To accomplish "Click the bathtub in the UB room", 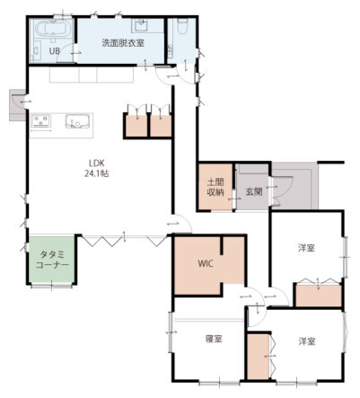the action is point(53,29).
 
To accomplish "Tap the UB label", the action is point(55,51).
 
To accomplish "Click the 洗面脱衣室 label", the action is point(123,43).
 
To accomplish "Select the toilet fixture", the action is point(181,26).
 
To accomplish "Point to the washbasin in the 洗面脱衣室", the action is point(140,26).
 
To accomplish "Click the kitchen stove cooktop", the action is point(40,120).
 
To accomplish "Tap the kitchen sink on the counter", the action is point(77,121).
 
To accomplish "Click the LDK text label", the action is point(96,164).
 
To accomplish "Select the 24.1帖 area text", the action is point(96,173).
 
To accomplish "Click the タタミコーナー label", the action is point(52,260).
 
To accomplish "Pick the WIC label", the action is point(206,264).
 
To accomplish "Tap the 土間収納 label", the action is point(215,187).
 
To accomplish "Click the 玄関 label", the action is point(254,191).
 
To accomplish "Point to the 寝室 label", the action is point(214,339).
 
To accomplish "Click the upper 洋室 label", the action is point(306,248).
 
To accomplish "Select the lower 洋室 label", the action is point(306,341).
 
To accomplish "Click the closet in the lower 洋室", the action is point(259,357).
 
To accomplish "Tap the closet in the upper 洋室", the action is point(319,296).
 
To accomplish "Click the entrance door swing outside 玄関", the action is point(283,191).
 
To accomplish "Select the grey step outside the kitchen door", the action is point(17,105).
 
